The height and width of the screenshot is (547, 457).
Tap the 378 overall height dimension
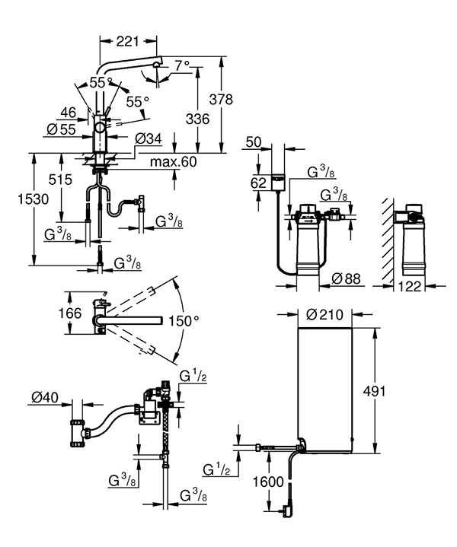[x=221, y=100]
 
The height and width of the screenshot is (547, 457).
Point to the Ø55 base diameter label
[x=62, y=130]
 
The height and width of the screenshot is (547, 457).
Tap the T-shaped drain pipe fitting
[x=78, y=434]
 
